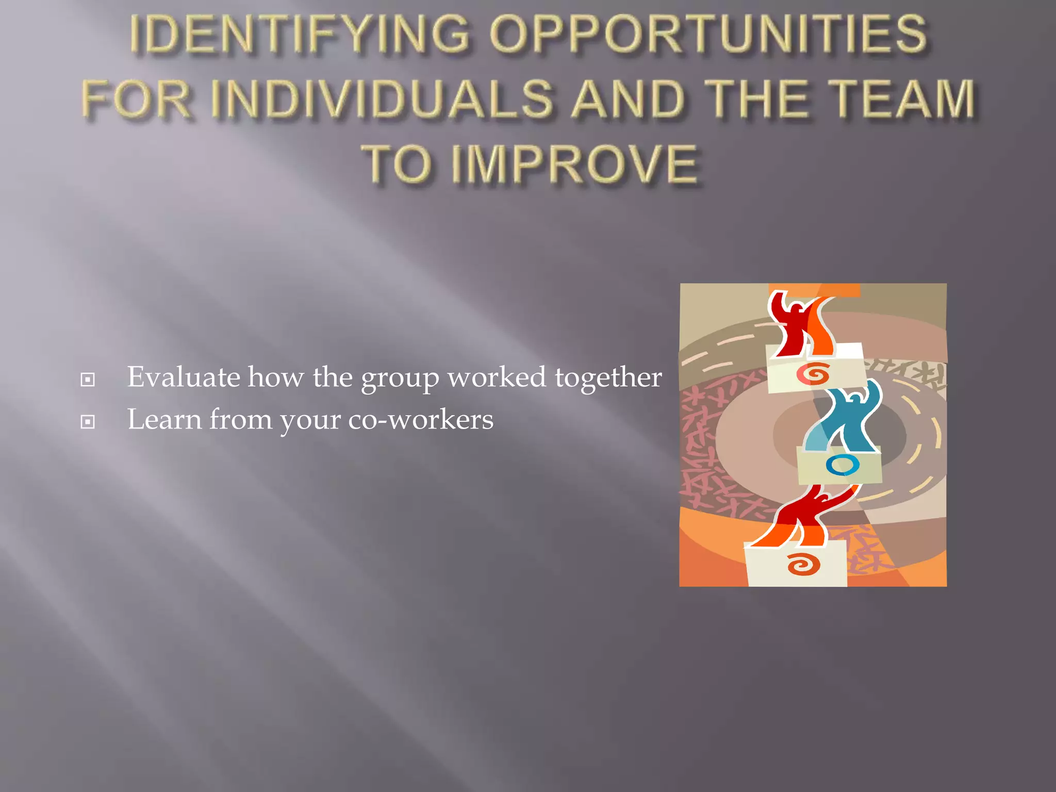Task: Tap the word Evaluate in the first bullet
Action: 183,377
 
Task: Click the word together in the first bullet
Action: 608,378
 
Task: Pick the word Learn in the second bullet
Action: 164,419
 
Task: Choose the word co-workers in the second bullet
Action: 421,419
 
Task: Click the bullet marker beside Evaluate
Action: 88,380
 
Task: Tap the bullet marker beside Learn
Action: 88,422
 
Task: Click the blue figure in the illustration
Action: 846,418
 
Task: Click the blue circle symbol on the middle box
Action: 842,465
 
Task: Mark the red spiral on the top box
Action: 813,374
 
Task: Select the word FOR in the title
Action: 137,98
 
